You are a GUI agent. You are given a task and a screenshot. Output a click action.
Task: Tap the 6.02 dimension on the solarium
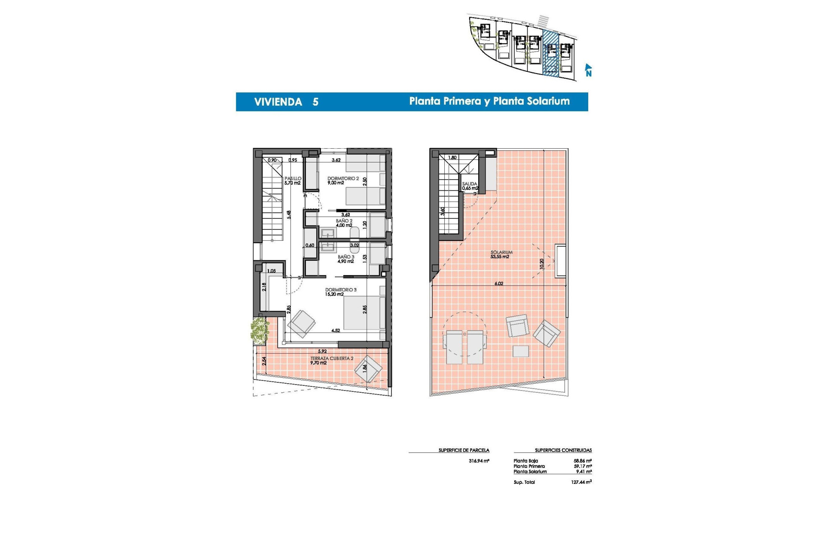498,284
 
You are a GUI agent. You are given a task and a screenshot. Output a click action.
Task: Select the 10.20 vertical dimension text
542,264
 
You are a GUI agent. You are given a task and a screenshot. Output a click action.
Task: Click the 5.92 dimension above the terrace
322,351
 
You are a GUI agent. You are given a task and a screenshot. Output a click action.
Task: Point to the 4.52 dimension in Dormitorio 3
336,330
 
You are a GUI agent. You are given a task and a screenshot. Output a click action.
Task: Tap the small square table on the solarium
521,351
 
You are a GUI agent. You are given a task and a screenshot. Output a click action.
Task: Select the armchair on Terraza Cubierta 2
368,369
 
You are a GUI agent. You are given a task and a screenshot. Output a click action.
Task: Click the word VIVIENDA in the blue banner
278,102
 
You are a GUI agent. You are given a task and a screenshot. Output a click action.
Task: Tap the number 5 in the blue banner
315,102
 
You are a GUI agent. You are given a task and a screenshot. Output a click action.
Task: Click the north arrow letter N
589,73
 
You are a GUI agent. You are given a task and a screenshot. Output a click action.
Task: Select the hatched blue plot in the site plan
551,54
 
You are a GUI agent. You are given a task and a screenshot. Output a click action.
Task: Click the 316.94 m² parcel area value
479,461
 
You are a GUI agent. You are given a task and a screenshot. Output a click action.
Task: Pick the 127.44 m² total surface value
581,482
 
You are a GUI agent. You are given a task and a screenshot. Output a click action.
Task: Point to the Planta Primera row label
529,466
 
